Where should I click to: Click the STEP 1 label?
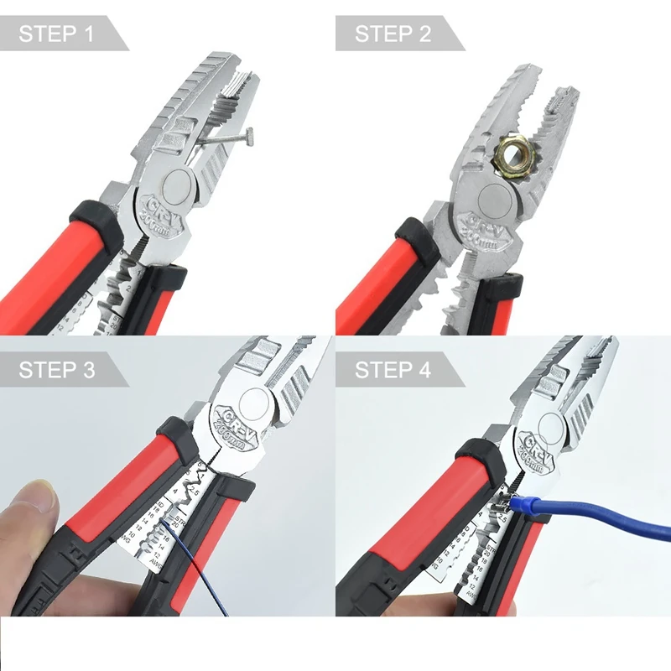pyautogui.click(x=56, y=34)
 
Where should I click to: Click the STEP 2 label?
pyautogui.click(x=393, y=34)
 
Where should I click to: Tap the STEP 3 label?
pyautogui.click(x=56, y=370)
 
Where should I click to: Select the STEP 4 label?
pyautogui.click(x=393, y=370)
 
